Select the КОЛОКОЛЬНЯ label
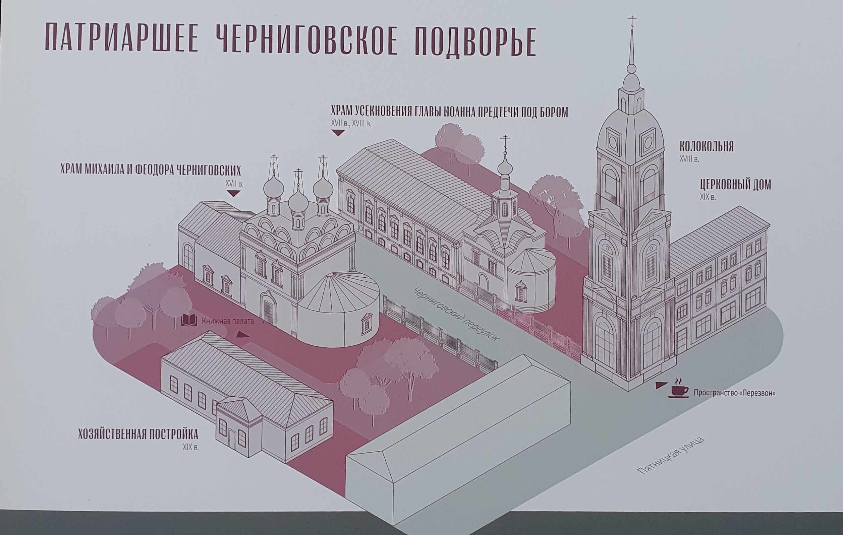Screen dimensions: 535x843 pyautogui.click(x=707, y=146)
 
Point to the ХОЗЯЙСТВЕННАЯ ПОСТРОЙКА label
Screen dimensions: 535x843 pyautogui.click(x=138, y=434)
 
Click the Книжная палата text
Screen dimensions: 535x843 pyautogui.click(x=228, y=321)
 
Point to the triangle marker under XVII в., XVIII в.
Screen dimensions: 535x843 pyautogui.click(x=338, y=133)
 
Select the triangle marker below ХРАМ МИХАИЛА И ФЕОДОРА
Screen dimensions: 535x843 pyautogui.click(x=233, y=193)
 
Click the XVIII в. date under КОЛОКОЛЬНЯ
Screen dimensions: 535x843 pyautogui.click(x=689, y=159)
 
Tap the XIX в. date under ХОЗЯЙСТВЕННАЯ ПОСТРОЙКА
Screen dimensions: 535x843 pyautogui.click(x=190, y=447)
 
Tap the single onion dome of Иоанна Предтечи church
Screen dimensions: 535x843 pyautogui.click(x=505, y=163)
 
